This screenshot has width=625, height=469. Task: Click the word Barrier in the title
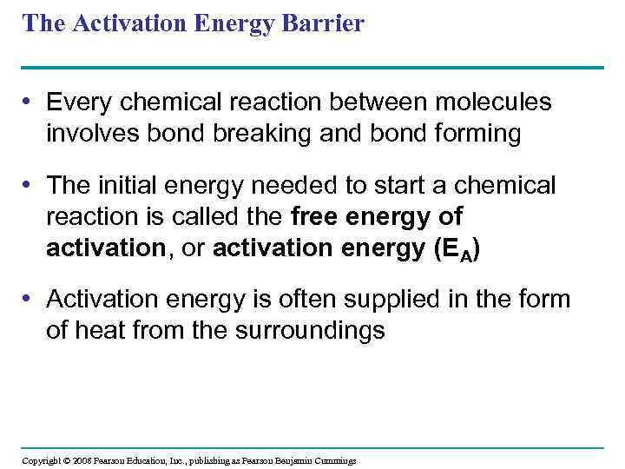point(322,23)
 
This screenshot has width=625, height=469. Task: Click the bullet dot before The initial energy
point(30,185)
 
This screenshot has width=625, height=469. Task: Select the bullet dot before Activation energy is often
point(30,300)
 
